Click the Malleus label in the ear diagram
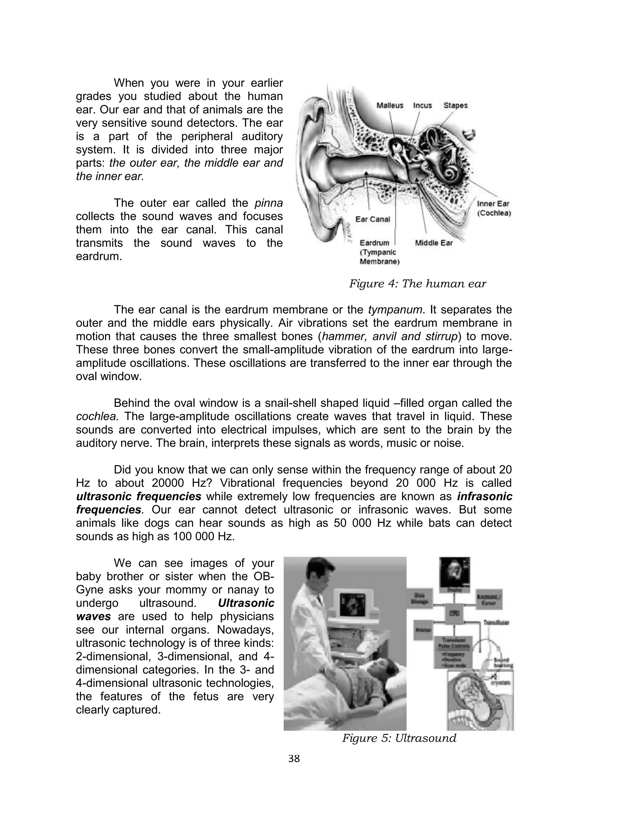[x=389, y=105]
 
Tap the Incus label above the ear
[x=422, y=105]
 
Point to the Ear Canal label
[x=372, y=219]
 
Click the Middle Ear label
[x=434, y=243]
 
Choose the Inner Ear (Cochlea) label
[x=493, y=208]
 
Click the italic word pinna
[x=269, y=203]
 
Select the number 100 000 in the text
[x=192, y=537]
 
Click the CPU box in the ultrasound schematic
[x=455, y=613]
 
